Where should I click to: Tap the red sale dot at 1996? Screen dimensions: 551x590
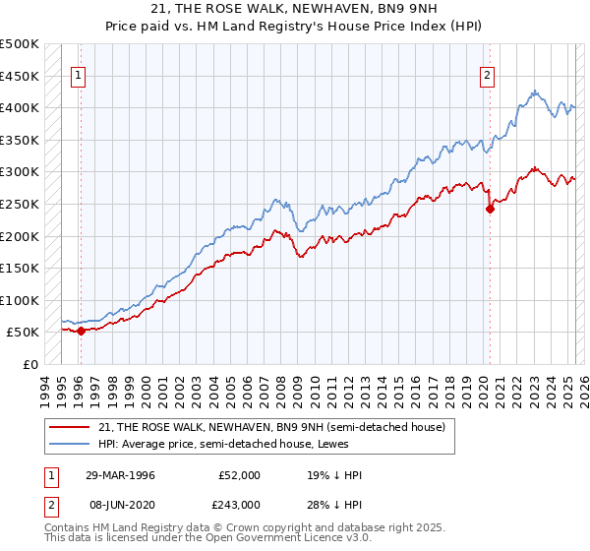tap(81, 331)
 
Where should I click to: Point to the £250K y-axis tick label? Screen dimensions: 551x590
tap(21, 204)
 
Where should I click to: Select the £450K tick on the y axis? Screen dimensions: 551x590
tap(21, 76)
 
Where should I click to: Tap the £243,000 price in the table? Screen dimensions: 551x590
tap(239, 504)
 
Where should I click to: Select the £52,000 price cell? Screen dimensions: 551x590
tap(239, 475)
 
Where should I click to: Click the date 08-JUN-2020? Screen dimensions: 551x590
tap(119, 504)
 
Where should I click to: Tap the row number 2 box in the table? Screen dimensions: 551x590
tap(51, 504)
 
